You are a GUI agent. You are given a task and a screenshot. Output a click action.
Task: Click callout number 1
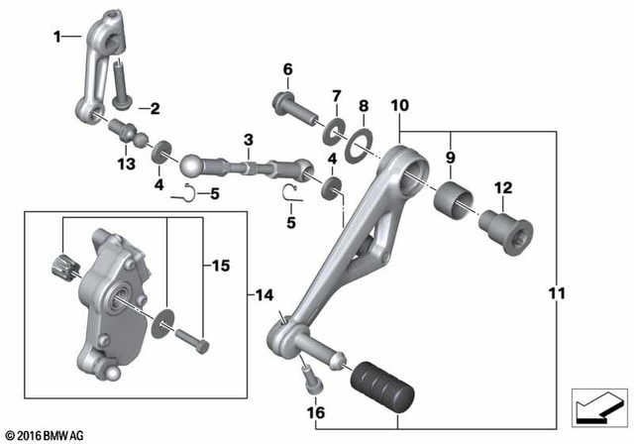(57, 37)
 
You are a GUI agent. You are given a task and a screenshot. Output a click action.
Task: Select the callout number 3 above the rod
(249, 139)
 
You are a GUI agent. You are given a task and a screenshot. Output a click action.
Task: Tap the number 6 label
(288, 69)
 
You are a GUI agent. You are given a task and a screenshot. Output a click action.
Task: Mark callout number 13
(126, 163)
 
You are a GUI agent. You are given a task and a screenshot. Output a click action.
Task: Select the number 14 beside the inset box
(264, 294)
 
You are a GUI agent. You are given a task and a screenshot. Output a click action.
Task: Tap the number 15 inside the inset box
(220, 266)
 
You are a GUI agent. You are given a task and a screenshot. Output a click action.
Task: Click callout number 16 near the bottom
(315, 411)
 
